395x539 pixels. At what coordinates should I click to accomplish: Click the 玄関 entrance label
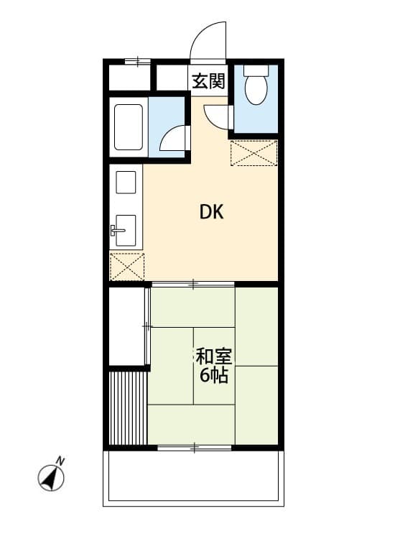(208, 80)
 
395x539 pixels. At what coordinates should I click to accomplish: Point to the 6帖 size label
(213, 375)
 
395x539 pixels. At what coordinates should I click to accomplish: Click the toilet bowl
(255, 88)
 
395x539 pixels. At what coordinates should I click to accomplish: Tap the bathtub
(129, 127)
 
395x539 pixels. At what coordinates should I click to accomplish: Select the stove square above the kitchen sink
(126, 183)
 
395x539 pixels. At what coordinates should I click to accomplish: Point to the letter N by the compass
(61, 461)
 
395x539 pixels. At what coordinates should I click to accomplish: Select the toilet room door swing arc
(217, 116)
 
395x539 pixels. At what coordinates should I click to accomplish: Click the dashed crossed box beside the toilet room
(254, 153)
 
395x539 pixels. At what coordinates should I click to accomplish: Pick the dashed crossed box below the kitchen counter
(126, 266)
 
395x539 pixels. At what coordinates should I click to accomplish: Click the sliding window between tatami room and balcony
(194, 448)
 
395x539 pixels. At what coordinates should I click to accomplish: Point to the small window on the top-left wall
(136, 62)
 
